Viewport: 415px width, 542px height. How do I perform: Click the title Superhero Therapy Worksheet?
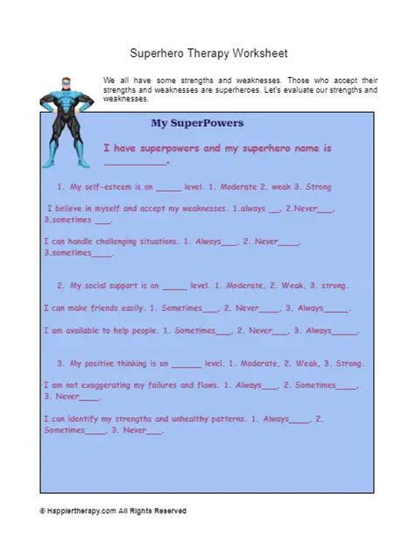click(x=207, y=53)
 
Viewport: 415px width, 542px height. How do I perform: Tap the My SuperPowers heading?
click(x=197, y=123)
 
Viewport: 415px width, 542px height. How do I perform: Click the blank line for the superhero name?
click(x=134, y=162)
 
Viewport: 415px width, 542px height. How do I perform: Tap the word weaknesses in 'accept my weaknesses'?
click(x=198, y=209)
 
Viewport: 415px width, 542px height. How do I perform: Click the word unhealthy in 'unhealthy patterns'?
click(x=203, y=419)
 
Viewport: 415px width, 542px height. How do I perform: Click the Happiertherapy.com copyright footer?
click(x=113, y=510)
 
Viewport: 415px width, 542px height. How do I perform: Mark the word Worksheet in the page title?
click(x=257, y=53)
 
